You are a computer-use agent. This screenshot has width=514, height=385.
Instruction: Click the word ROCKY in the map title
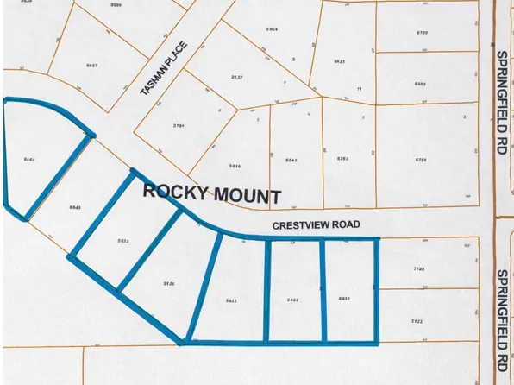(x=171, y=191)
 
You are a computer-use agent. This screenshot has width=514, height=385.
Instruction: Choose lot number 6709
(x=421, y=32)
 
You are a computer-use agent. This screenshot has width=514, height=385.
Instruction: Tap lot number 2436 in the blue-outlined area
(x=169, y=281)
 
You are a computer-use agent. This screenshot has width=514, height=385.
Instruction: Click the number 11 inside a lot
(x=357, y=89)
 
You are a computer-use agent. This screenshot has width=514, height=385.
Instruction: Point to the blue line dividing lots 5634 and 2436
(x=148, y=250)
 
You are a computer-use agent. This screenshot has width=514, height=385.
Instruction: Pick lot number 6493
(x=421, y=84)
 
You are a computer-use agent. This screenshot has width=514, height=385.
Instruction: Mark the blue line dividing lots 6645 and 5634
(x=99, y=211)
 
